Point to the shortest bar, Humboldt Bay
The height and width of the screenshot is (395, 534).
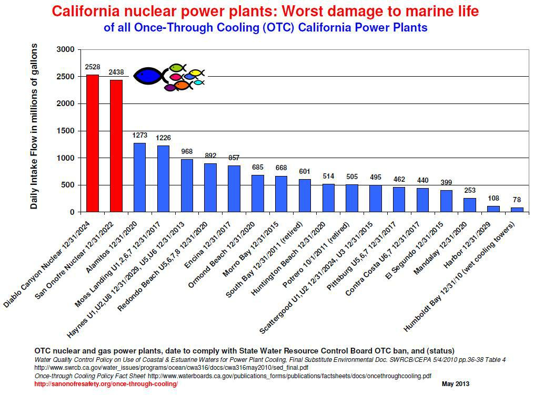pyautogui.click(x=518, y=210)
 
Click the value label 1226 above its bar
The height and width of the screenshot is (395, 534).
pyautogui.click(x=163, y=138)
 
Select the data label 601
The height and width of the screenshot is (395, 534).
pyautogui.click(x=305, y=171)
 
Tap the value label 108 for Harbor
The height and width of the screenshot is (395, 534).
pyautogui.click(x=494, y=198)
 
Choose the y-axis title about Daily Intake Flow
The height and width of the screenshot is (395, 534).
pyautogui.click(x=34, y=127)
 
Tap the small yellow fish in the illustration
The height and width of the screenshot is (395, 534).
pyautogui.click(x=196, y=72)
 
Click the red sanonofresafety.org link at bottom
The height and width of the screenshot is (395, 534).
pyautogui.click(x=106, y=384)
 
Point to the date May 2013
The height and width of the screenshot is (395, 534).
pyautogui.click(x=455, y=384)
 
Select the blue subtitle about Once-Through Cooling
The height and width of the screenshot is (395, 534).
pyautogui.click(x=265, y=27)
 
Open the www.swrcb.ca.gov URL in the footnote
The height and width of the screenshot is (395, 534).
pyautogui.click(x=171, y=368)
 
